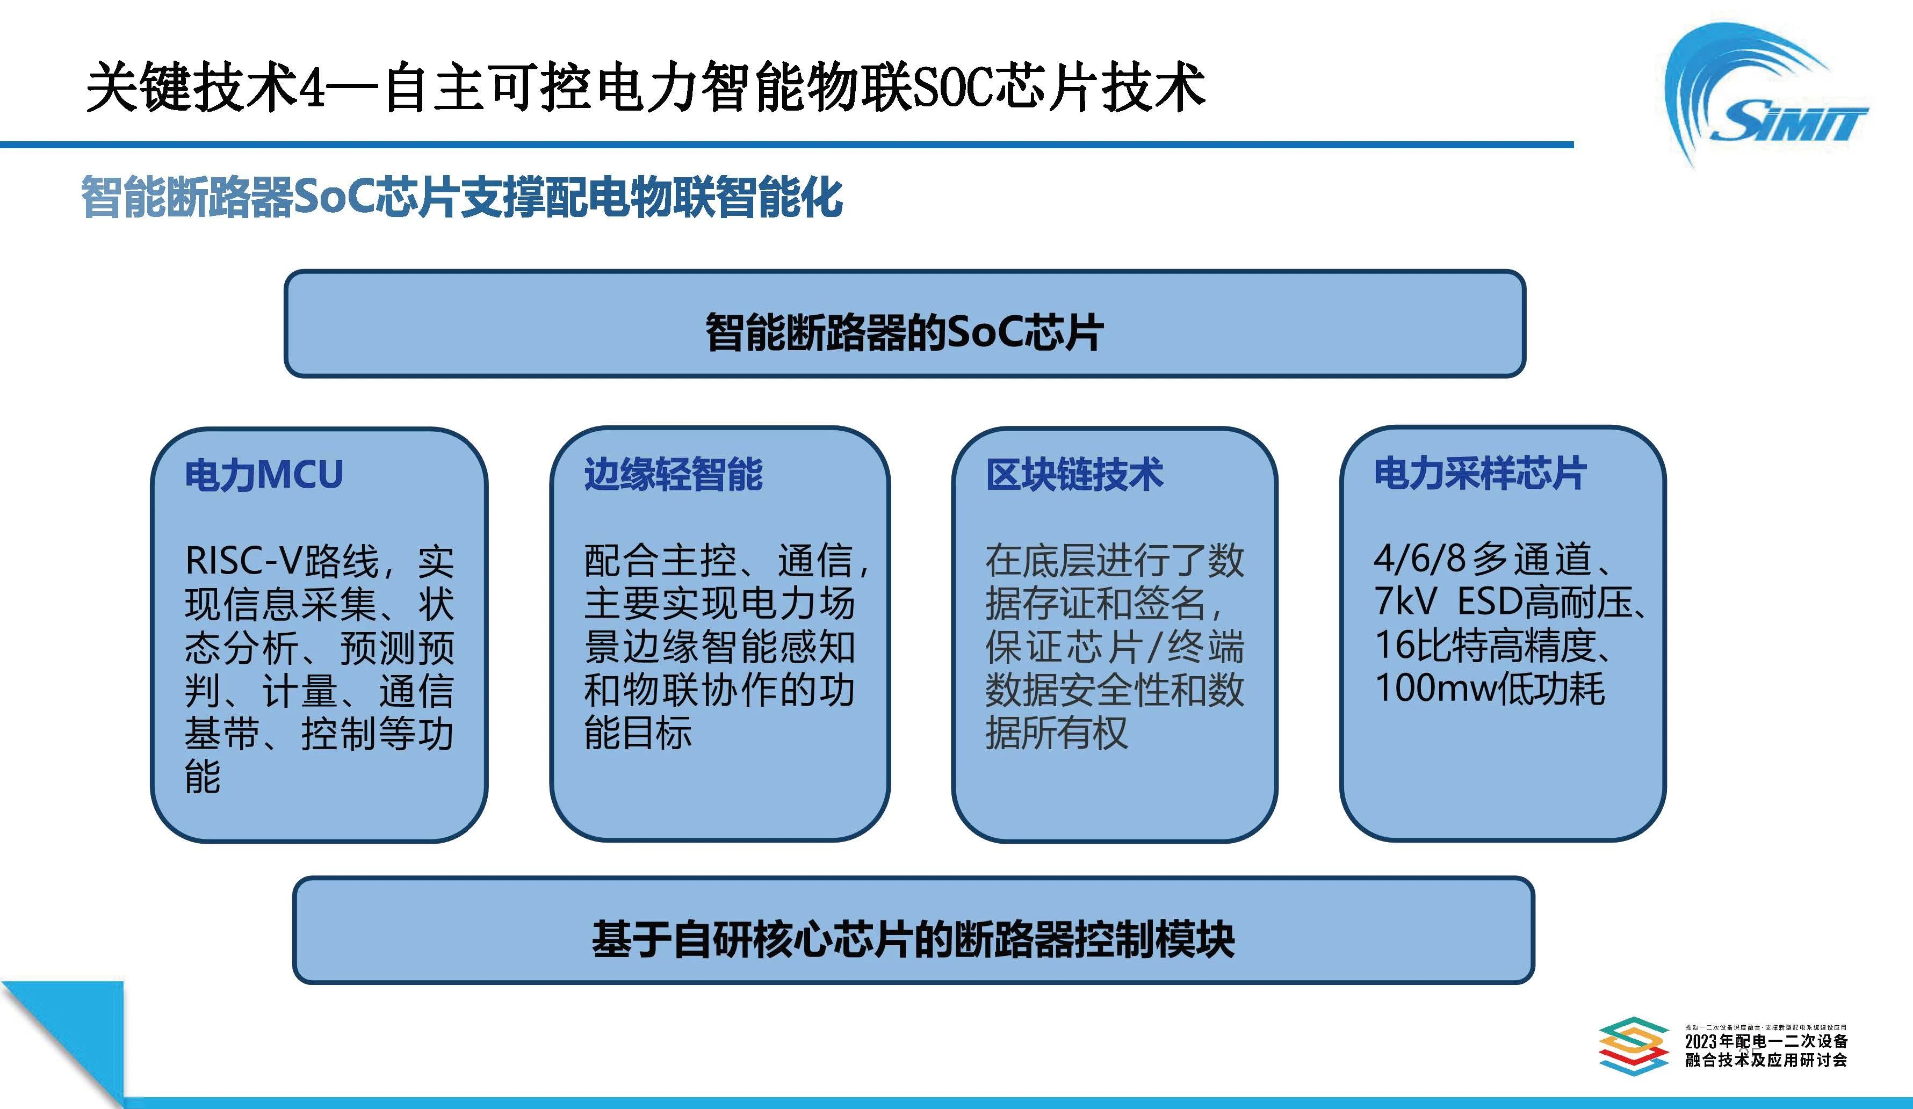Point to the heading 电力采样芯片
click(x=1481, y=474)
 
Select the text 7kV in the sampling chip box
click(x=1406, y=602)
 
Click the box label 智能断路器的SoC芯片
click(x=904, y=332)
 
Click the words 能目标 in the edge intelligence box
click(x=638, y=733)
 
